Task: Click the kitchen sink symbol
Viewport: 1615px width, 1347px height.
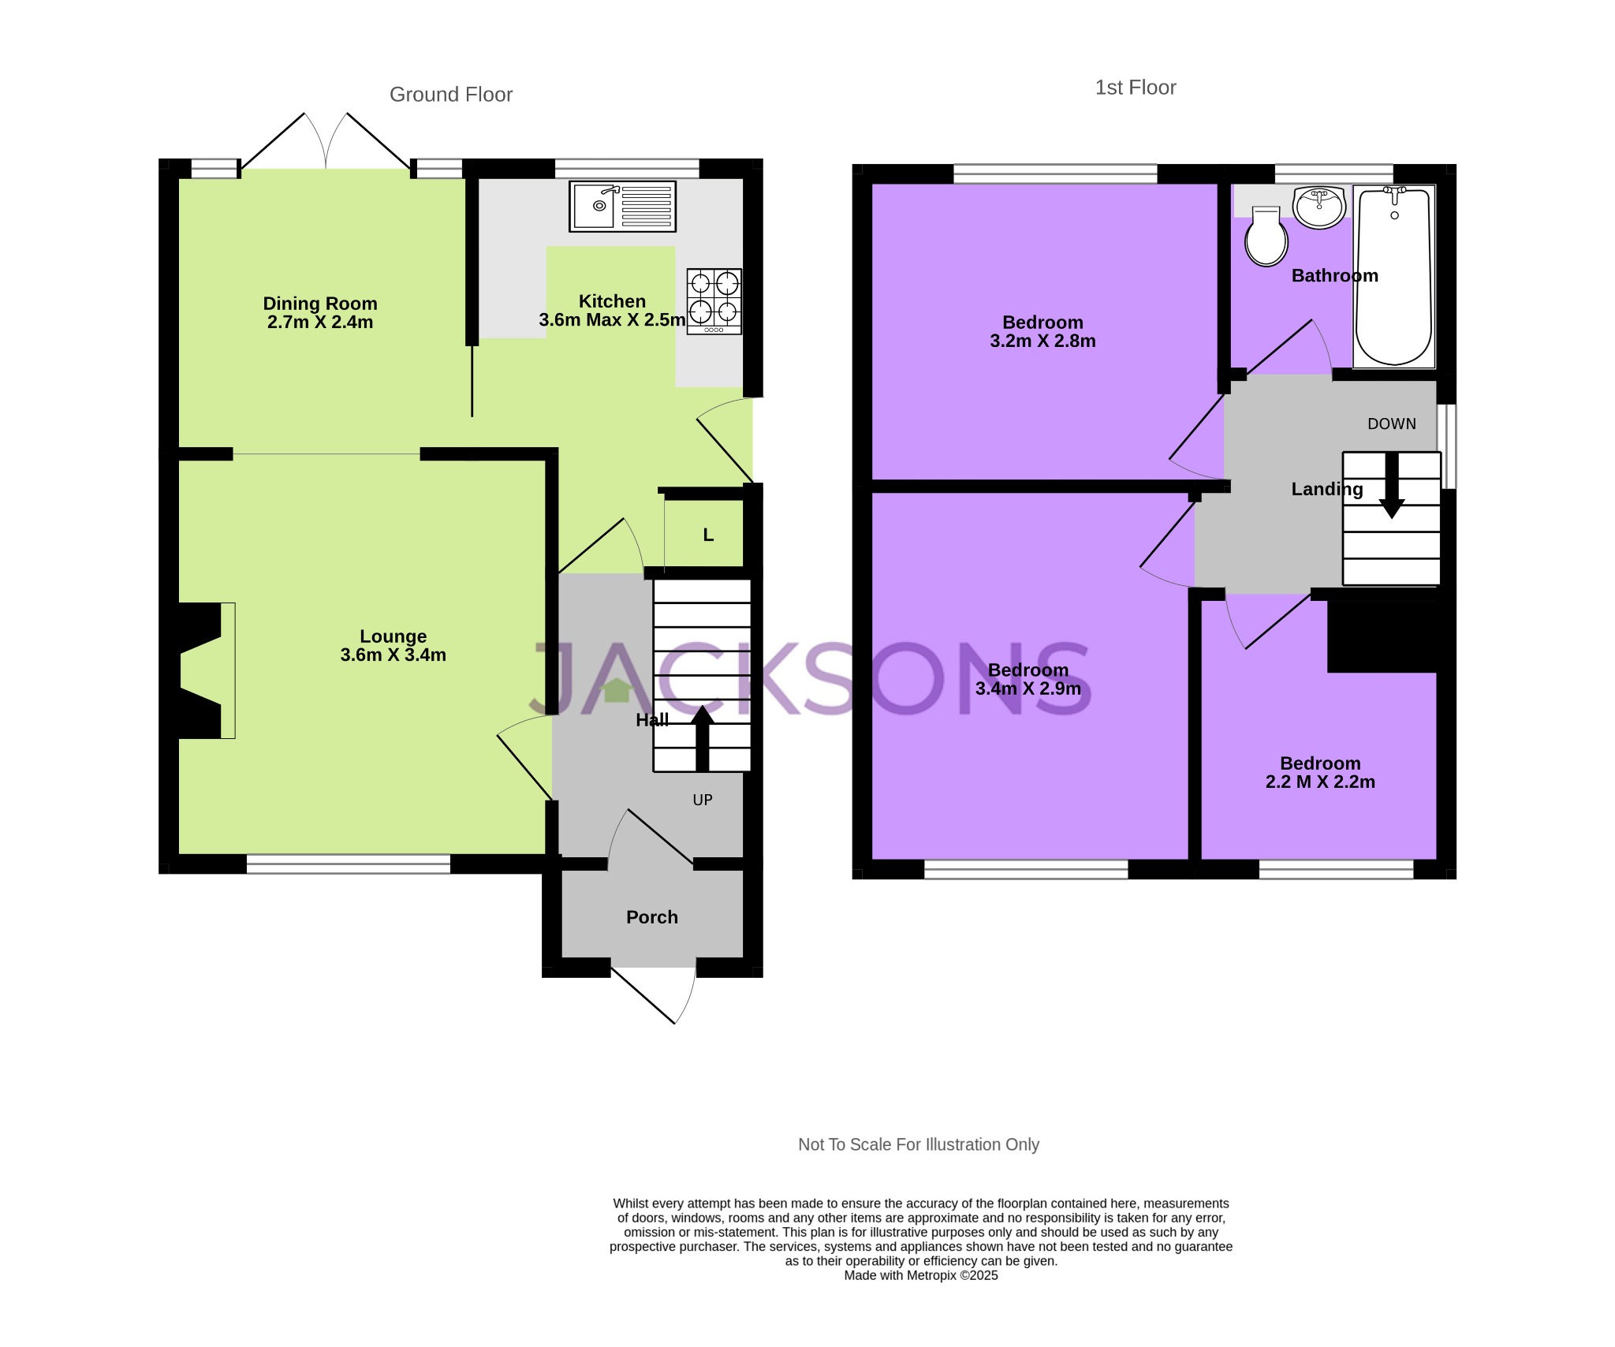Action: click(622, 207)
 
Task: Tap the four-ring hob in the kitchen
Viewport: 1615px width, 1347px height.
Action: click(714, 301)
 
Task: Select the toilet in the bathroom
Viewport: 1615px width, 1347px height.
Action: click(1266, 237)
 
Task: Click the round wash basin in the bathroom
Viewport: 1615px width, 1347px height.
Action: click(1319, 207)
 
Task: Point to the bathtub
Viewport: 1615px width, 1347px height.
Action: click(1393, 277)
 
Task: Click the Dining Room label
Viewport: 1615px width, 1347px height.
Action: click(320, 304)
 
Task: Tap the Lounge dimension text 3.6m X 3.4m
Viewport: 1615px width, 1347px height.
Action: click(393, 655)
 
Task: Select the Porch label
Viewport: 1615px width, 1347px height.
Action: click(652, 917)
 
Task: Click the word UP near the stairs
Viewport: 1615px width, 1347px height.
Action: click(703, 800)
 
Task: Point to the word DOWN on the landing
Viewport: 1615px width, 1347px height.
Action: click(1392, 424)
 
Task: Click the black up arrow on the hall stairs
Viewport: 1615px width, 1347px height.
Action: click(702, 739)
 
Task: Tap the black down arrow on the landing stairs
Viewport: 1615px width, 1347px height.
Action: click(1392, 485)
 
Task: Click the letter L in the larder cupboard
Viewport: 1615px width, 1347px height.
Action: click(708, 535)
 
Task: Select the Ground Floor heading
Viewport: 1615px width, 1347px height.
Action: click(451, 95)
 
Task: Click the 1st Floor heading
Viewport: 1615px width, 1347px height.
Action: click(1136, 88)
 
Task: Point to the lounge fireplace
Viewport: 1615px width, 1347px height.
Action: click(201, 671)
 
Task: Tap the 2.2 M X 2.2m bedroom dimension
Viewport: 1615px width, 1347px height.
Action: click(1320, 782)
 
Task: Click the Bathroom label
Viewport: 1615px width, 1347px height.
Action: click(1335, 276)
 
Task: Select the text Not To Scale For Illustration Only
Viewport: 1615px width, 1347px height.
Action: click(919, 1144)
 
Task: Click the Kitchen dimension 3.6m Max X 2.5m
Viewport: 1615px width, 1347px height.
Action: click(612, 320)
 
